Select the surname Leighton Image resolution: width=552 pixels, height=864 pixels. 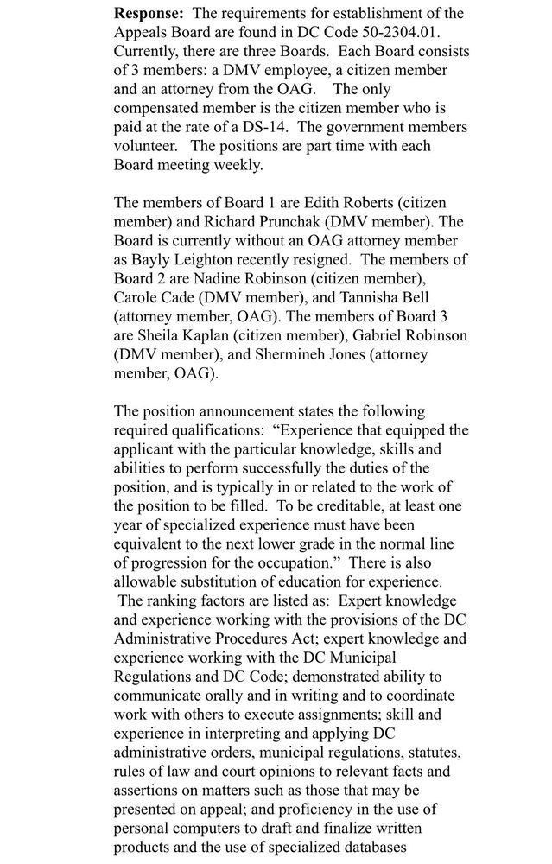pyautogui.click(x=206, y=260)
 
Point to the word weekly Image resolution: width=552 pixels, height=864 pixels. pyautogui.click(x=237, y=165)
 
